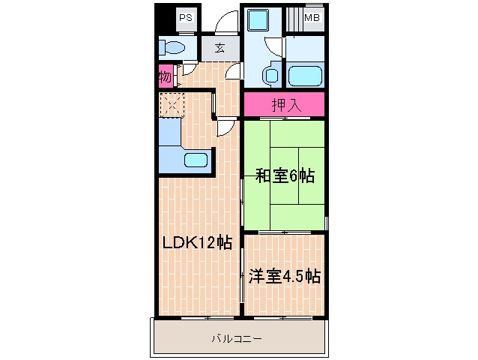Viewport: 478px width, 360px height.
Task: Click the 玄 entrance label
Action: [220, 49]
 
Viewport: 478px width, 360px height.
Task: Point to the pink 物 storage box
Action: [166, 76]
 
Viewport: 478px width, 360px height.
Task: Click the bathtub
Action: [306, 75]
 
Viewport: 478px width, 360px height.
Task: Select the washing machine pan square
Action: [262, 19]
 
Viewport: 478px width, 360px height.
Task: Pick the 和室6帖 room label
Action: [285, 176]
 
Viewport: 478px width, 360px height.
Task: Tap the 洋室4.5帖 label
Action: [285, 276]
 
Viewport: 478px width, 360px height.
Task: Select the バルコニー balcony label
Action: [239, 339]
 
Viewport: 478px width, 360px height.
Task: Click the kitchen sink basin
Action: [196, 159]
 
